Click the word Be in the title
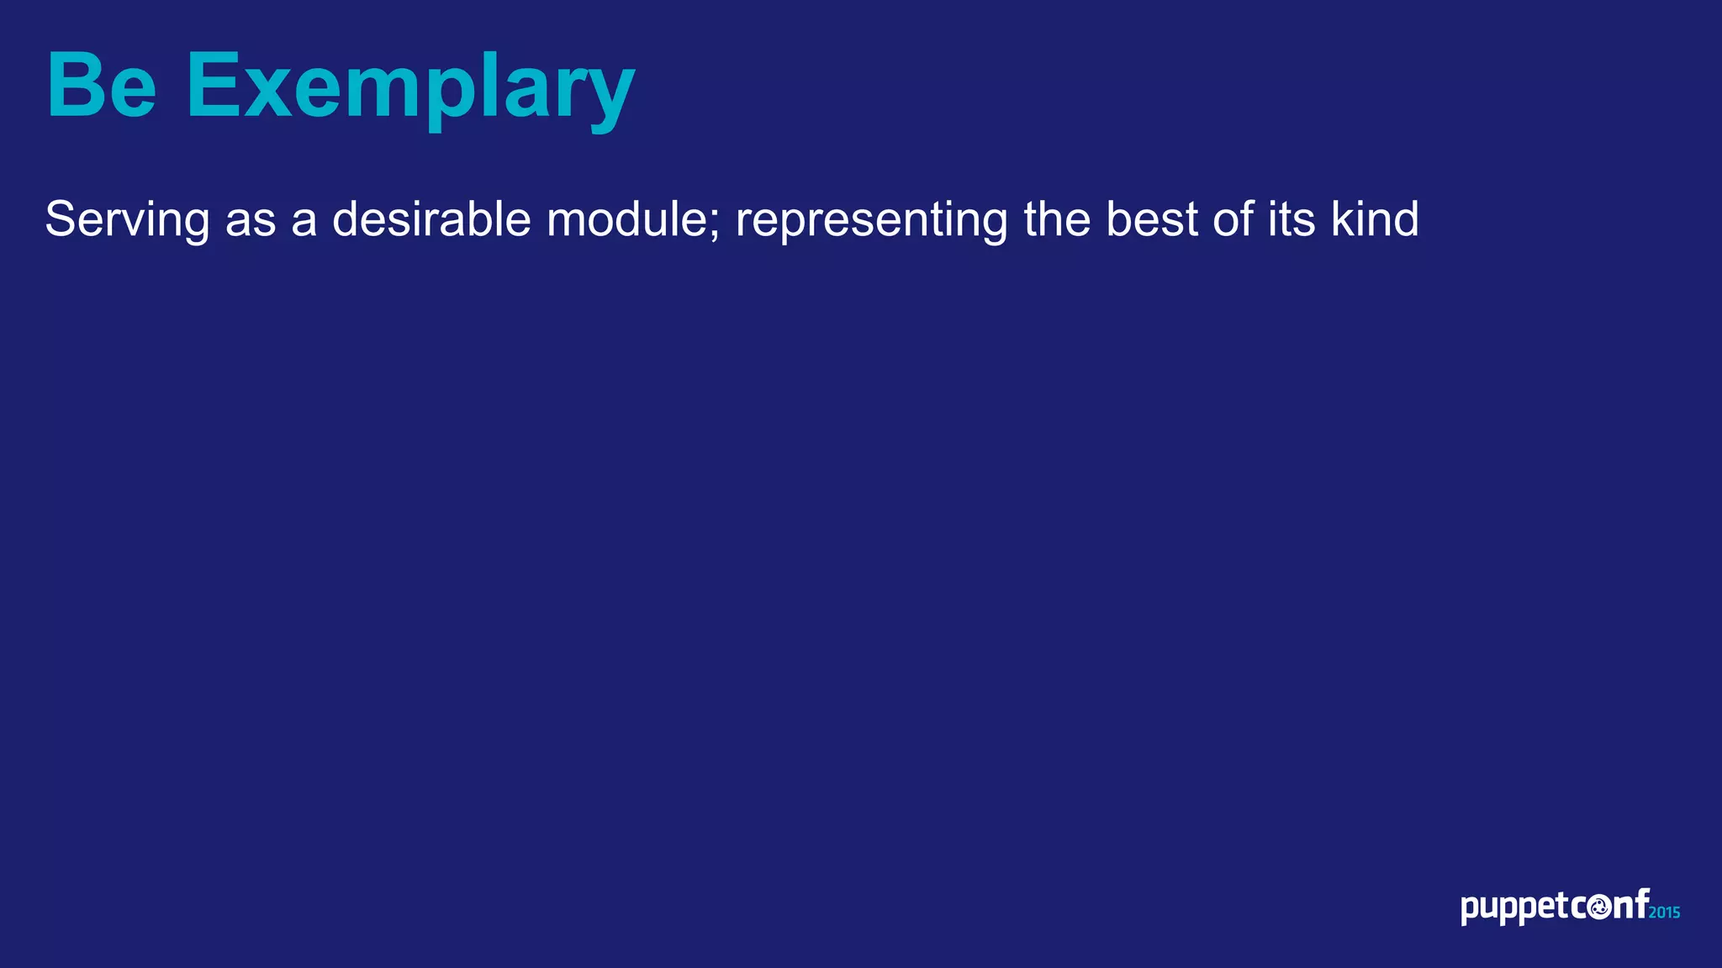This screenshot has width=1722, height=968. (x=102, y=86)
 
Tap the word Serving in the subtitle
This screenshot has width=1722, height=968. (x=127, y=220)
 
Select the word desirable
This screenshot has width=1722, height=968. (x=431, y=219)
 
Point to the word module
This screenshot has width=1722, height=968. (x=631, y=219)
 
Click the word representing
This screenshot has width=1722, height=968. (x=871, y=220)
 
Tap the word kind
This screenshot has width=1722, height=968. (x=1375, y=219)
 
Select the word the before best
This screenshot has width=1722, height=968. (x=1057, y=219)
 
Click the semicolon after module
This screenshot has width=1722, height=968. (x=716, y=225)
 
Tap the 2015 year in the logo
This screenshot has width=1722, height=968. (x=1664, y=913)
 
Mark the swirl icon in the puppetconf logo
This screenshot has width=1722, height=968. (x=1598, y=907)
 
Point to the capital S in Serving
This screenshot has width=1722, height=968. (x=61, y=219)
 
